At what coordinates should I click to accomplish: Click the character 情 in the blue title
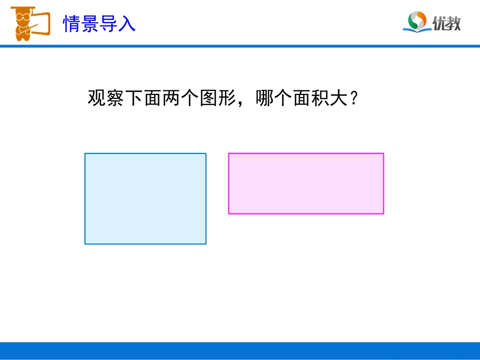72,23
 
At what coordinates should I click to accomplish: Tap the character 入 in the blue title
127,23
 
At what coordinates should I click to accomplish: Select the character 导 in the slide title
109,23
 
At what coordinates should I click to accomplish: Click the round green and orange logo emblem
416,20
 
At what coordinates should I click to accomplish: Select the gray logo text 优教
447,23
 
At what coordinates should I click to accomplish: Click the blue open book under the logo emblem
416,29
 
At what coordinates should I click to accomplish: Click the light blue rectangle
146,198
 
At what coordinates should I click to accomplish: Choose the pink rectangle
306,183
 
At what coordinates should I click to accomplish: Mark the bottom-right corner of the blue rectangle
206,244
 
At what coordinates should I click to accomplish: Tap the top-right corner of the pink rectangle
383,153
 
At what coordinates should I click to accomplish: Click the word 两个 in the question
181,98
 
